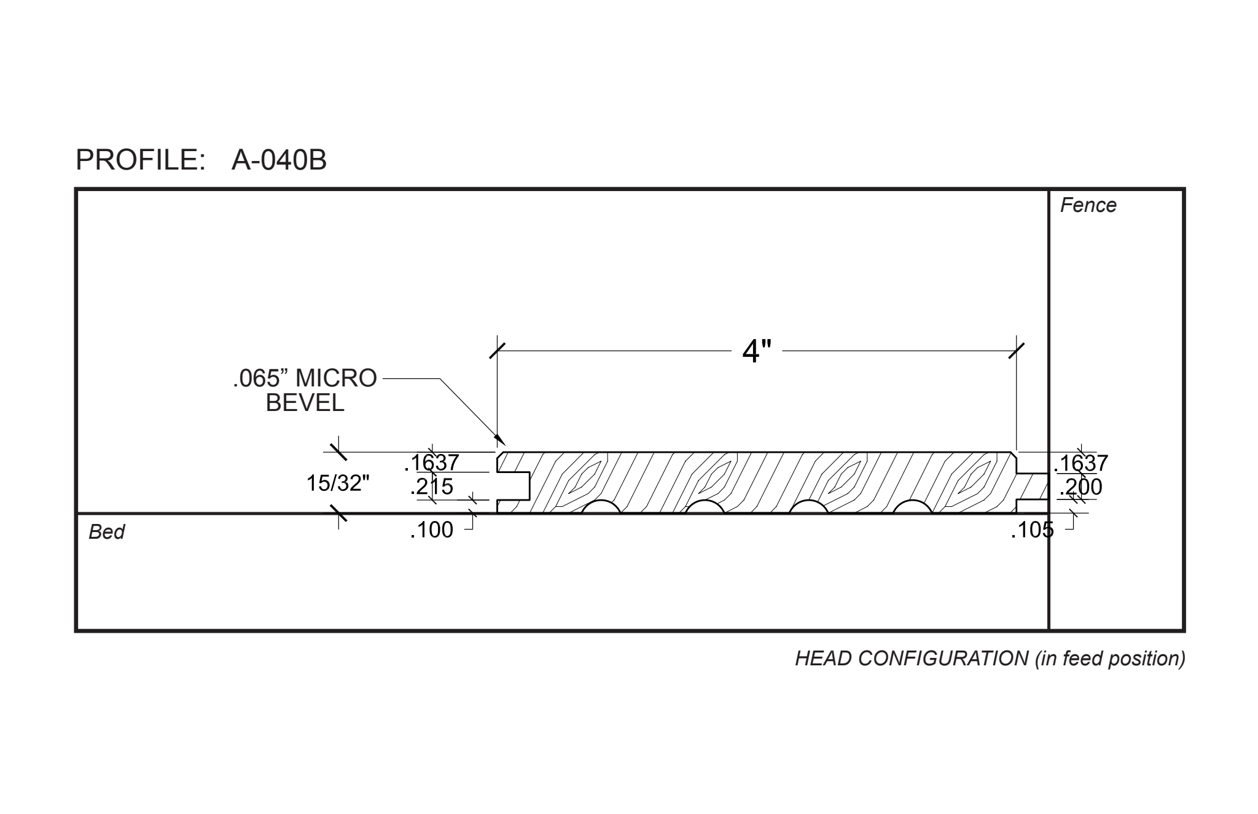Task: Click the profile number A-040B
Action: (279, 160)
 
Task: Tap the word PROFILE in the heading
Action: (140, 160)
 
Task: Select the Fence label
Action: (1088, 205)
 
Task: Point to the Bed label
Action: (106, 532)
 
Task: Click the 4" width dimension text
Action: (756, 351)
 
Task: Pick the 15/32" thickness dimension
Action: (338, 483)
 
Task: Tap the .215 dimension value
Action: (432, 487)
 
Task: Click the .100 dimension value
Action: (432, 530)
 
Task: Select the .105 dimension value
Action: (1032, 530)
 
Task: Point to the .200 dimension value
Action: (1081, 487)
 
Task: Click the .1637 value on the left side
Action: (432, 462)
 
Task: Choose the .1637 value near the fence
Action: (1081, 463)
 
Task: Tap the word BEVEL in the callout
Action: (305, 403)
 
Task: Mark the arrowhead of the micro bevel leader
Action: (502, 440)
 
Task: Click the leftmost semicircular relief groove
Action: (601, 507)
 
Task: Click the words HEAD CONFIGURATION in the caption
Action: (912, 659)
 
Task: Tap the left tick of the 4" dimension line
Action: (497, 351)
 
